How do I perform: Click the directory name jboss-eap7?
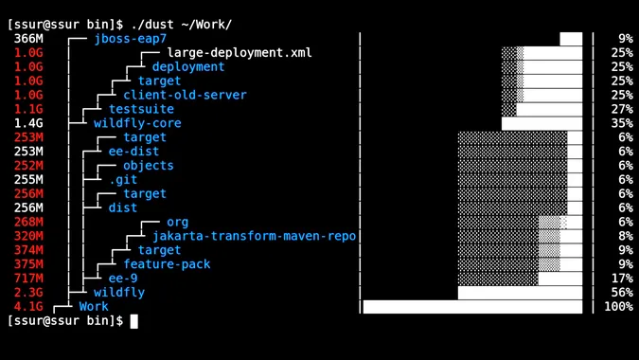pyautogui.click(x=130, y=39)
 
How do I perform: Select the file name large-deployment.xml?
pyautogui.click(x=240, y=53)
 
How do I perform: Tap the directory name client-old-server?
pyautogui.click(x=185, y=95)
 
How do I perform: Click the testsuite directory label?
pyautogui.click(x=141, y=109)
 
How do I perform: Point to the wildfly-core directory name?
pyautogui.click(x=137, y=123)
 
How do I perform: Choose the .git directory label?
pyautogui.click(x=123, y=179)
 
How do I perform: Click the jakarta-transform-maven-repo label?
pyautogui.click(x=254, y=236)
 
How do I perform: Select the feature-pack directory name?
pyautogui.click(x=167, y=264)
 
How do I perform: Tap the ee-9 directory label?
pyautogui.click(x=123, y=279)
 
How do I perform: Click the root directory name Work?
pyautogui.click(x=94, y=307)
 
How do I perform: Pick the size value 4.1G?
pyautogui.click(x=28, y=307)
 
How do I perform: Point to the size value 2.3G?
pyautogui.click(x=28, y=293)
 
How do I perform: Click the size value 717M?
pyautogui.click(x=28, y=279)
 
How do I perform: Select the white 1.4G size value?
pyautogui.click(x=28, y=123)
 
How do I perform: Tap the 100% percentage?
pyautogui.click(x=618, y=307)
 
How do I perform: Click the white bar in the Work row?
pyautogui.click(x=472, y=307)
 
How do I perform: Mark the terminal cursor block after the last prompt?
pyautogui.click(x=133, y=321)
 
